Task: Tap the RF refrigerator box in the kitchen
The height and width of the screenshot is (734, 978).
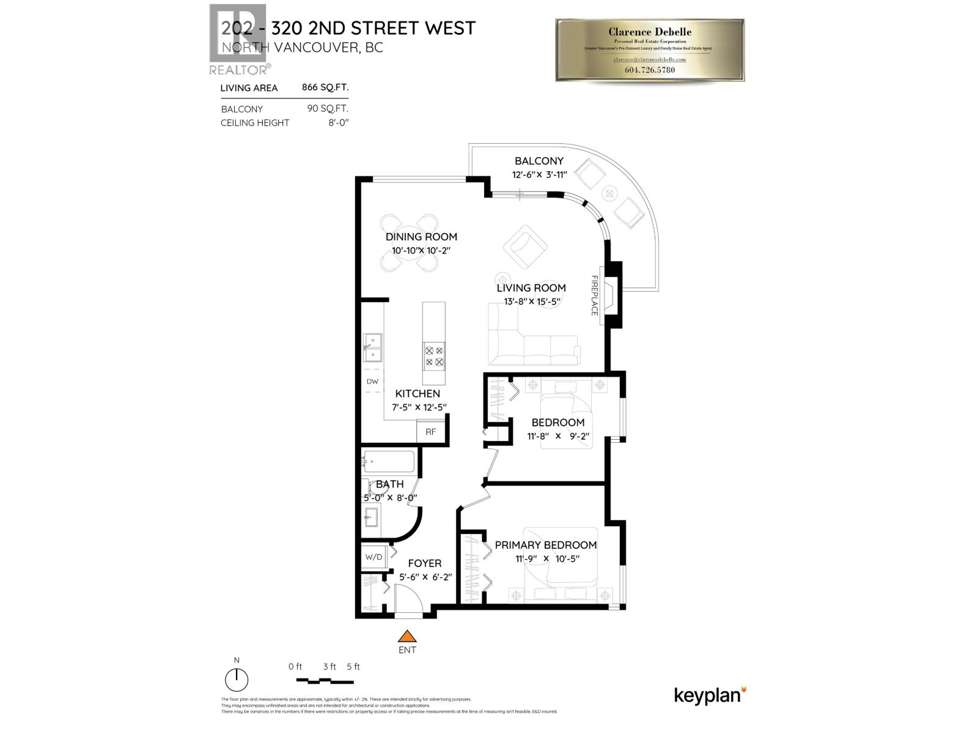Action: coord(431,431)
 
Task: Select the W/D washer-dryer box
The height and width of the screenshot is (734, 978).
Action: coord(373,557)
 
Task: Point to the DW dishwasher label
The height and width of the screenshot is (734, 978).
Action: coord(372,382)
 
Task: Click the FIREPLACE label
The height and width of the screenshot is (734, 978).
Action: coord(594,295)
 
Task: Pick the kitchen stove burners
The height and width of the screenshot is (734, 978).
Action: coord(434,357)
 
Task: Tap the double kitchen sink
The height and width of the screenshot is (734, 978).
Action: coord(372,348)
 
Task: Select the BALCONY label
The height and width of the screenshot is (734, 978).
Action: coord(539,161)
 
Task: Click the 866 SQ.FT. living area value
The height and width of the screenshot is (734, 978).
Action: coord(325,87)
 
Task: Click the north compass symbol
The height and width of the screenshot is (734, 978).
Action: coord(237,680)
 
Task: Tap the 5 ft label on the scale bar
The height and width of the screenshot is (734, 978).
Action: coord(353,667)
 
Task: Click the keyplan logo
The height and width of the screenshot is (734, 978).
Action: coord(710,695)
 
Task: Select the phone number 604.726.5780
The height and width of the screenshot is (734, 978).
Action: coord(650,70)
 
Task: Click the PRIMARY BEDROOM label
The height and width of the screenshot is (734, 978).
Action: coord(545,545)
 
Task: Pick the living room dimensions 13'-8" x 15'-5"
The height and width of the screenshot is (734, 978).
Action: coord(531,302)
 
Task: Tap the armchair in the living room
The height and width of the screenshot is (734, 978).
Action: coord(524,247)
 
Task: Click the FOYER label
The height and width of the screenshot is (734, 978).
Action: coord(424,563)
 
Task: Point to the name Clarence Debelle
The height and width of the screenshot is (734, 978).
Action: coord(650,32)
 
